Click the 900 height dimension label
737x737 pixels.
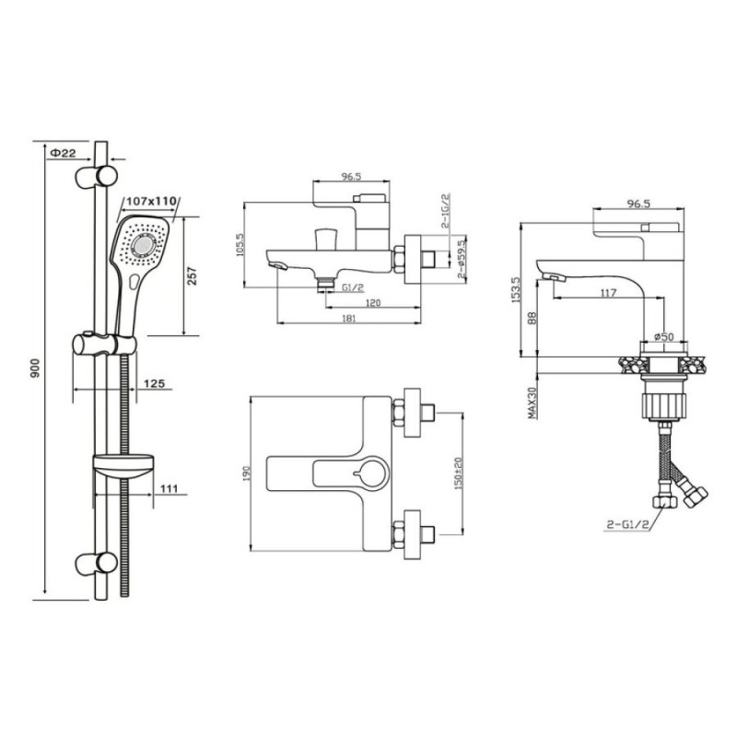pyautogui.click(x=35, y=369)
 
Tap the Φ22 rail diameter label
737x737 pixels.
pyautogui.click(x=63, y=153)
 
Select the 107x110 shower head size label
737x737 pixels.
pyautogui.click(x=151, y=201)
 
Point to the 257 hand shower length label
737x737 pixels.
pyautogui.click(x=192, y=276)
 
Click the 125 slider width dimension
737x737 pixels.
pyautogui.click(x=154, y=383)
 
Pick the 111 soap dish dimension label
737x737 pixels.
pyautogui.click(x=170, y=489)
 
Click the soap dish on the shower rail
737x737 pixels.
pyautogui.click(x=123, y=466)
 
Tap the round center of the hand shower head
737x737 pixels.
pyautogui.click(x=144, y=245)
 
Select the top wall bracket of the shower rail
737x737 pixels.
pyautogui.click(x=97, y=176)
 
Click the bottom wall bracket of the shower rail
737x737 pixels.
pyautogui.click(x=97, y=563)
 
